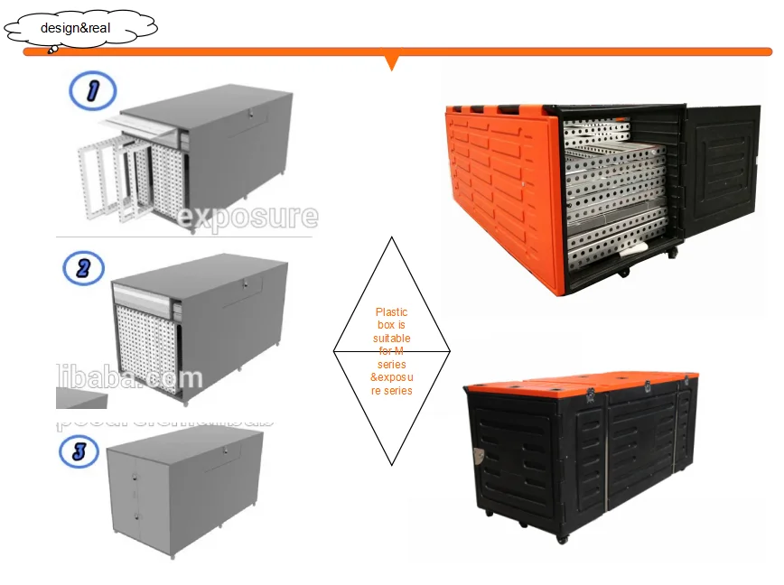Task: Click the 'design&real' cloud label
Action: (x=76, y=28)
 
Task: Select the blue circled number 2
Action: (x=83, y=268)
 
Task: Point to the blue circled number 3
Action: (x=79, y=450)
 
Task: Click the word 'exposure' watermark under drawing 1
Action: (x=247, y=217)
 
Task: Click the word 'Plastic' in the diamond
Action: (x=391, y=312)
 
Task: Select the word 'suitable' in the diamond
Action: (x=391, y=338)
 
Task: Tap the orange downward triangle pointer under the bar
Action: (x=391, y=62)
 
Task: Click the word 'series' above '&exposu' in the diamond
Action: (x=391, y=364)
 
